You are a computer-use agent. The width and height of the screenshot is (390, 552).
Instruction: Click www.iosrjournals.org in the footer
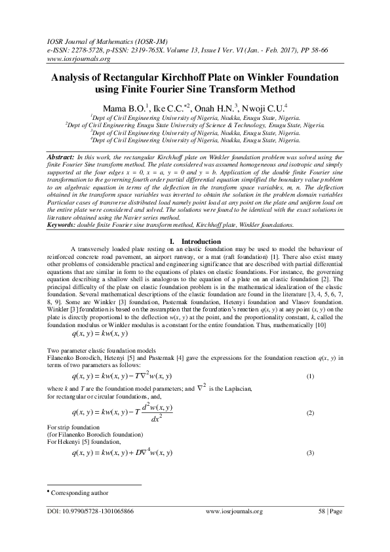tap(234, 511)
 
